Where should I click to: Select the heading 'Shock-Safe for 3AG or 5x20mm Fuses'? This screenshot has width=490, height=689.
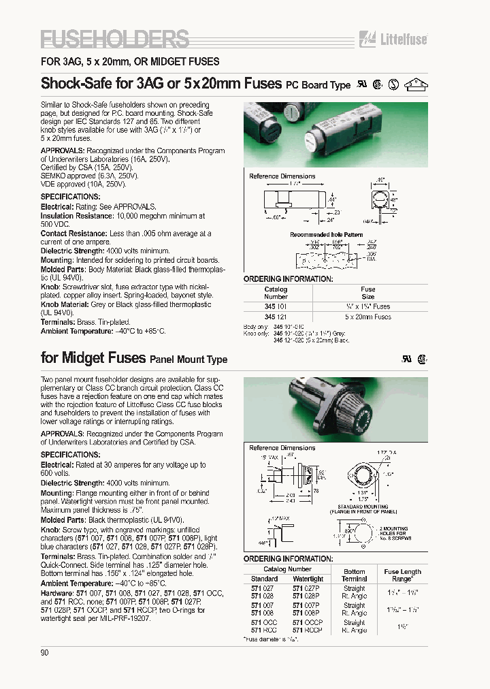coord(161,84)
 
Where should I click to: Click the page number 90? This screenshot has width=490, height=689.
coord(45,652)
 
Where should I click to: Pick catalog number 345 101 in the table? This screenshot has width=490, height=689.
coord(276,307)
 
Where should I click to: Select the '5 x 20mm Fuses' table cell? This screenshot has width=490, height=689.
coord(367,317)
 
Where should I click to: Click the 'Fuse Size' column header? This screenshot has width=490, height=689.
coord(367,293)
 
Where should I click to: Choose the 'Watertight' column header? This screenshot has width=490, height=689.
coord(308,579)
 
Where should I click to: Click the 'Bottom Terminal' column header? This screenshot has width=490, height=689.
coord(354,575)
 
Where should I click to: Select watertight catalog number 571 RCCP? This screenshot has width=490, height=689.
coord(308,630)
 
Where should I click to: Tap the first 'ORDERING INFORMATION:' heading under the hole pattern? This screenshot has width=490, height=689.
coord(288,279)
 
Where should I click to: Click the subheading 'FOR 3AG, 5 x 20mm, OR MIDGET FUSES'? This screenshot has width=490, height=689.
coord(130,61)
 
